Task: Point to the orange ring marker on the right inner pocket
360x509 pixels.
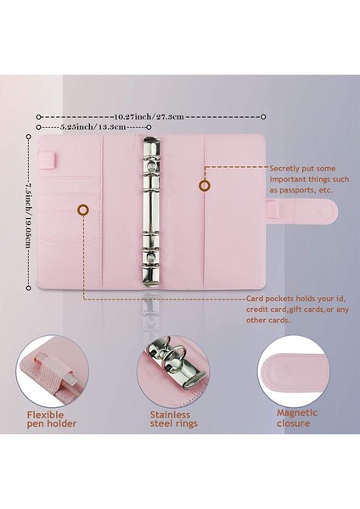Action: [205, 185]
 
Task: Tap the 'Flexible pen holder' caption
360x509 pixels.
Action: [50, 419]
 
